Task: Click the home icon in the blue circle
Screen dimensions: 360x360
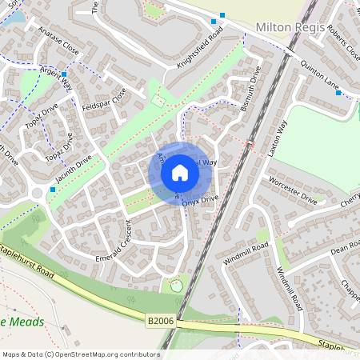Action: click(x=180, y=173)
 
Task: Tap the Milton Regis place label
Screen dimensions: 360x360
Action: click(x=291, y=27)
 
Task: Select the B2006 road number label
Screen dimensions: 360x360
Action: click(x=160, y=320)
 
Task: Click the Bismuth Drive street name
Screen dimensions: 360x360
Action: click(x=250, y=90)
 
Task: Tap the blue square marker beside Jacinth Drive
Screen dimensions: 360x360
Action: click(x=53, y=190)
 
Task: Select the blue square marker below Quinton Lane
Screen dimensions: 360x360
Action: click(x=338, y=94)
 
